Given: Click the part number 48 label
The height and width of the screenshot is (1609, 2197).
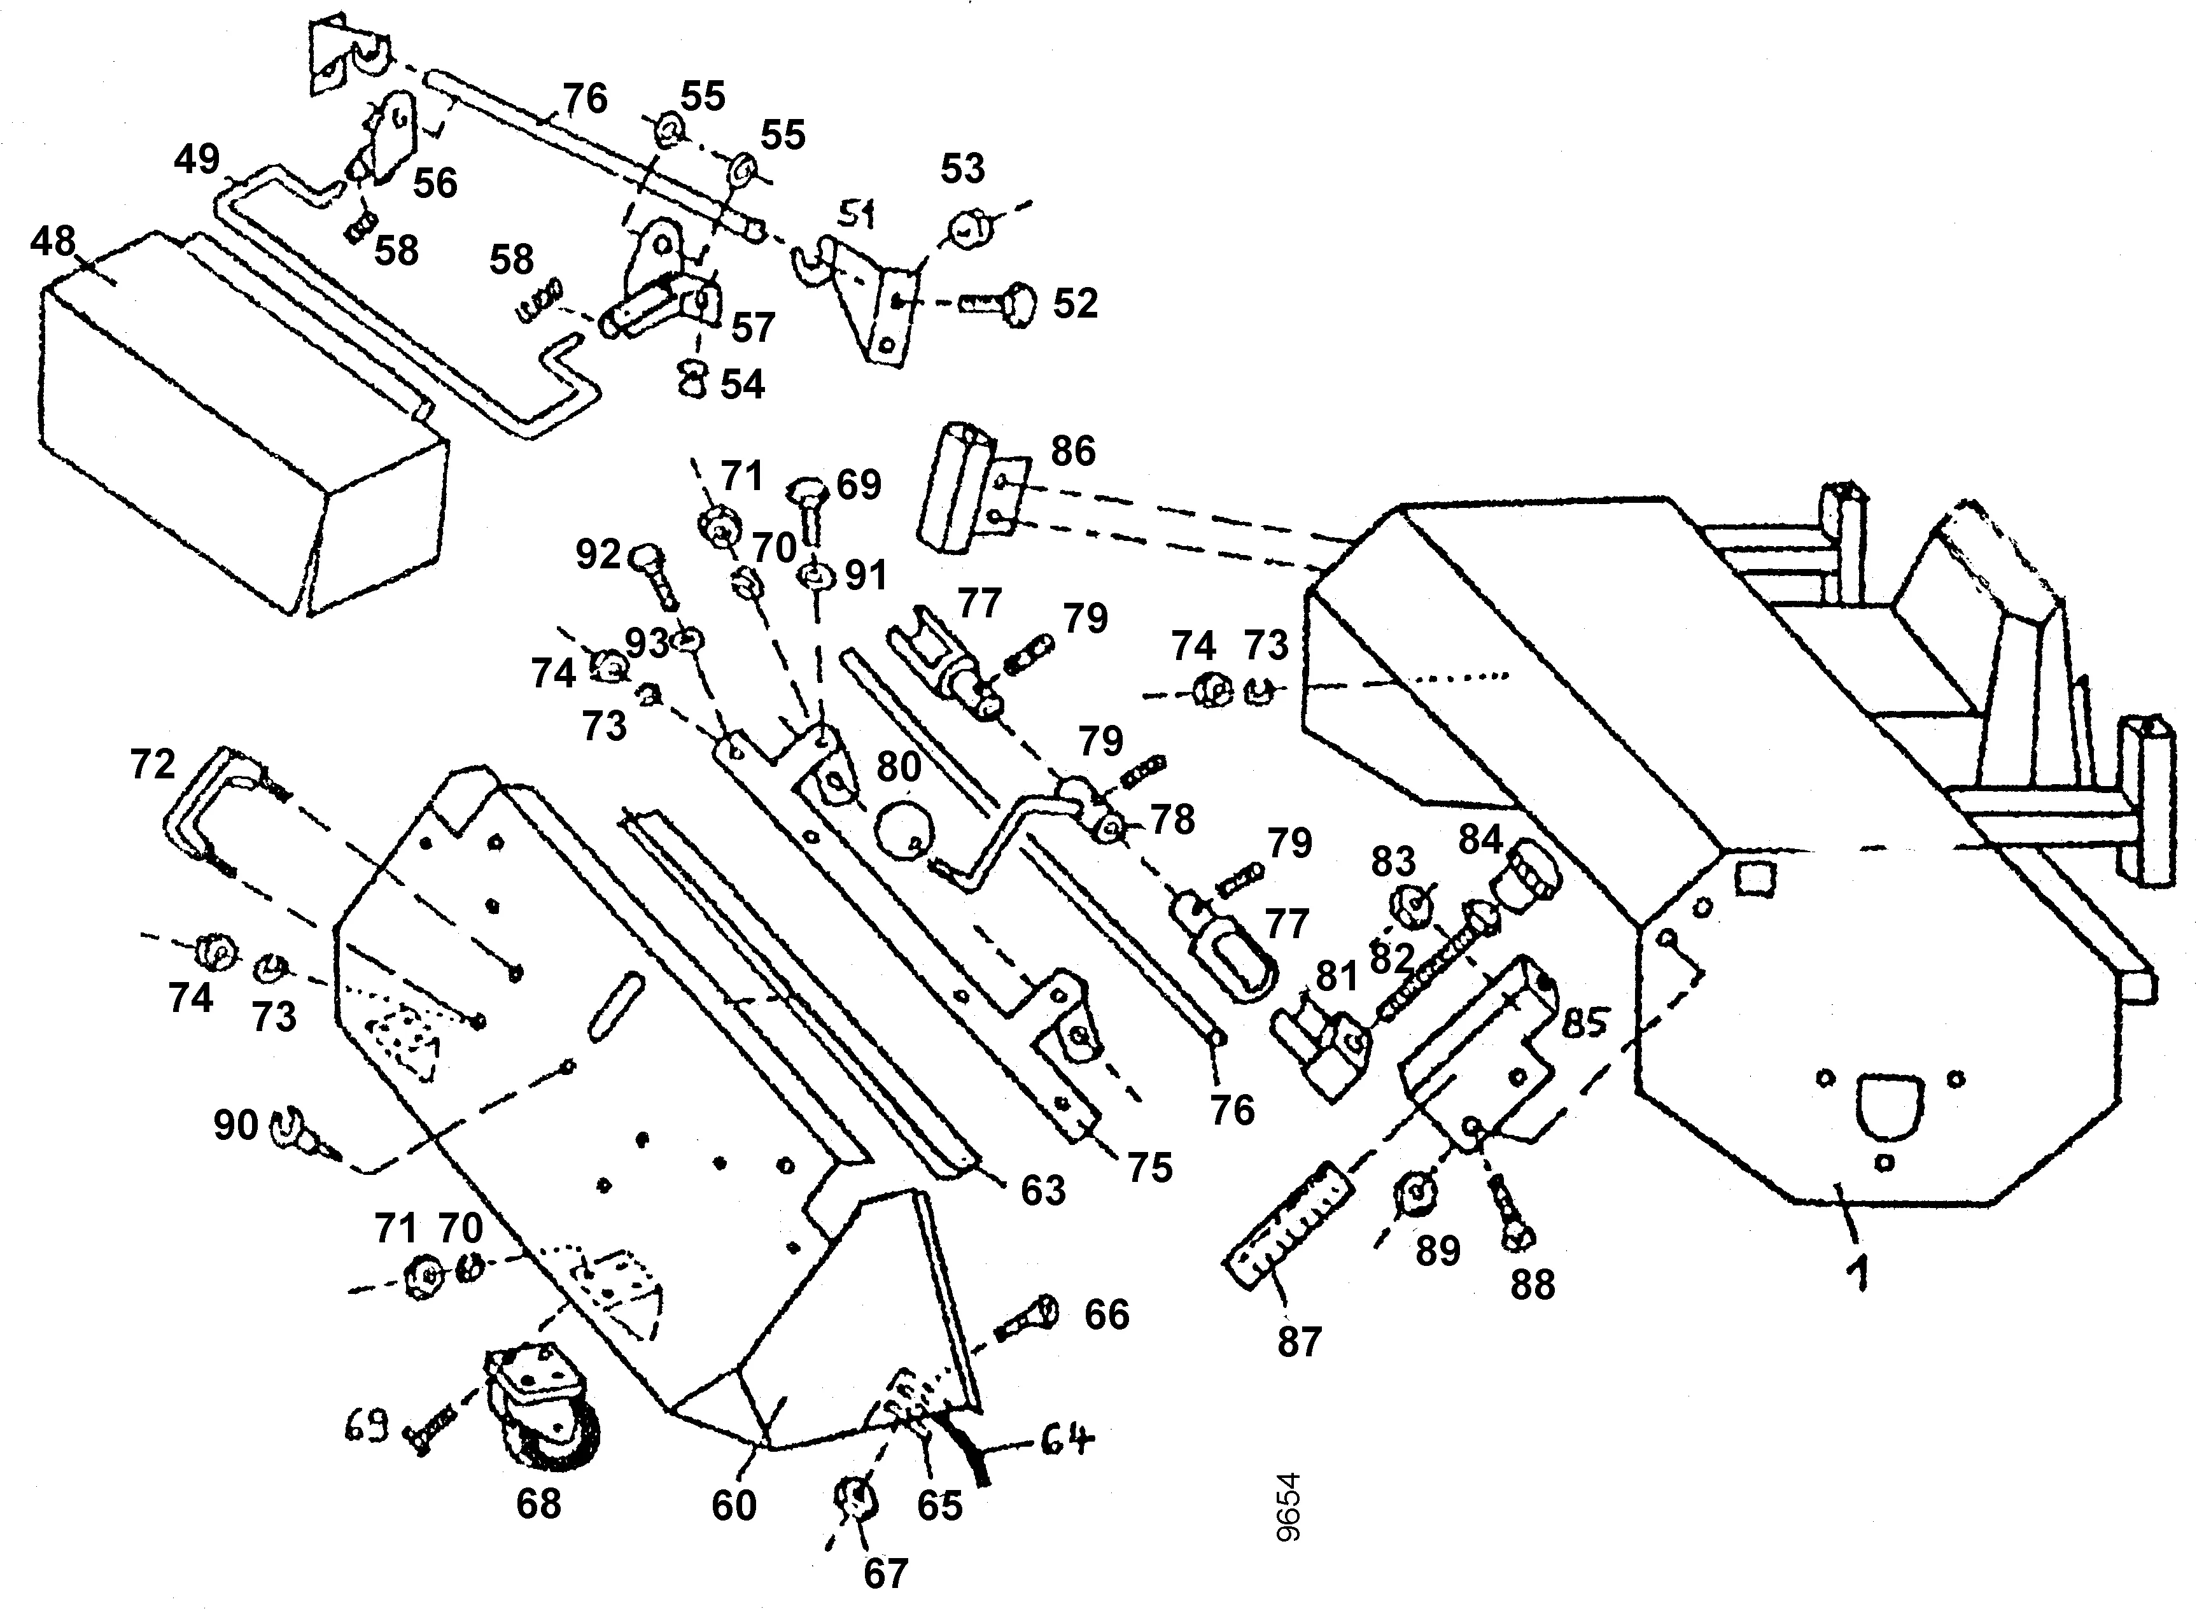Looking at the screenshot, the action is (53, 239).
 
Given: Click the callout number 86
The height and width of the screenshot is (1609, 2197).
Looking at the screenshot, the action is (1072, 451).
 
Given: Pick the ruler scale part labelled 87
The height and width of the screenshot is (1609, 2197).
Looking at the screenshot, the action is (1286, 1226).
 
